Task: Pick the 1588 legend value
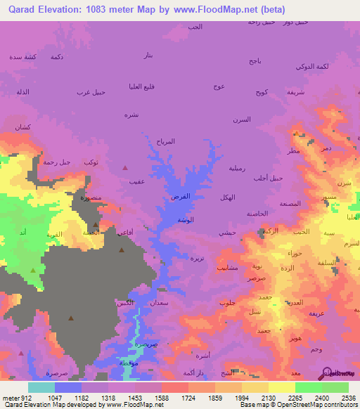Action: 161,397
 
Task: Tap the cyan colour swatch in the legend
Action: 41,387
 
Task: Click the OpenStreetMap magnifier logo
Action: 326,372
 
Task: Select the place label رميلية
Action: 237,168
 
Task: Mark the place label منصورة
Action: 91,198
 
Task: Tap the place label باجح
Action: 255,61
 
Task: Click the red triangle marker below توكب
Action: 125,167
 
